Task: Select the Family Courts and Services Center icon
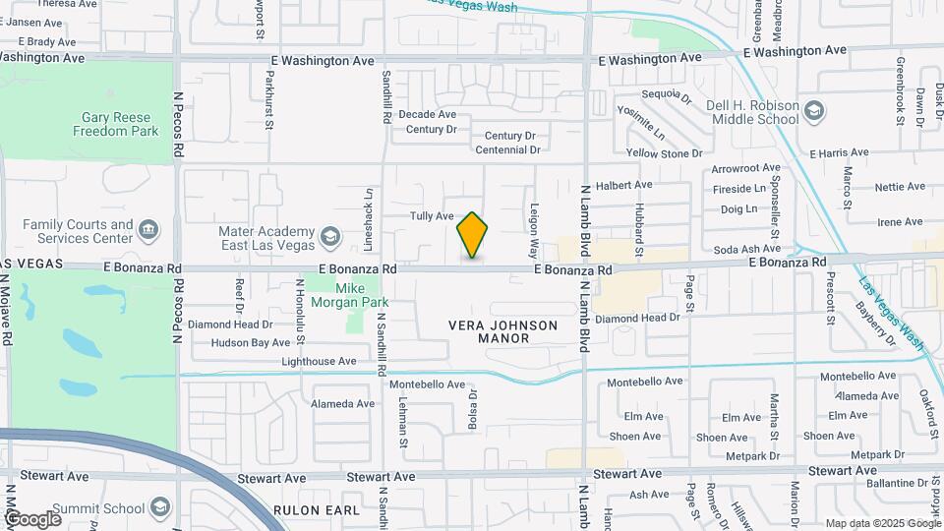click(148, 231)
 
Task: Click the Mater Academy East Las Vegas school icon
click(329, 237)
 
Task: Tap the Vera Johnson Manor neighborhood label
click(502, 331)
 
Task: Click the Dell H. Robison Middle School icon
click(813, 110)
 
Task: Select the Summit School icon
click(160, 507)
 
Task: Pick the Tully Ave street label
click(431, 216)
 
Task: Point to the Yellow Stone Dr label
click(665, 153)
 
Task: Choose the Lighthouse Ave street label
click(320, 362)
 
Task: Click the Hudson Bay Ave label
click(253, 343)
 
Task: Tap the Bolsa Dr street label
click(473, 408)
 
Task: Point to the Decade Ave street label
click(428, 114)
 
